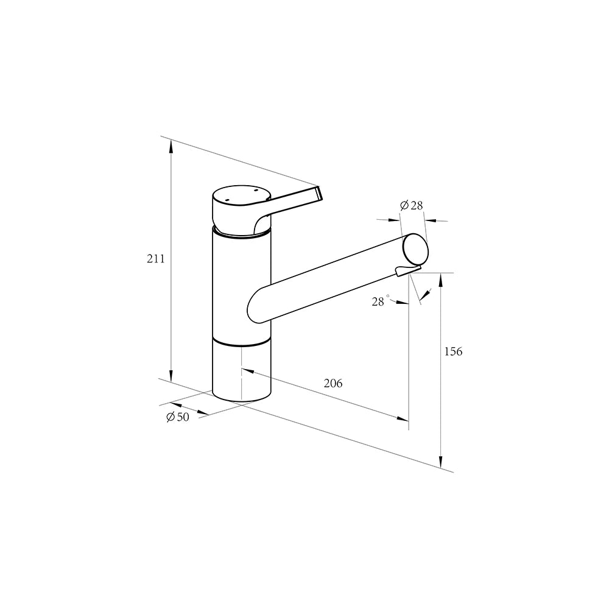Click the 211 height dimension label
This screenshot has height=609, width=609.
[156, 259]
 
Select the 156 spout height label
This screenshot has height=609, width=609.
[453, 351]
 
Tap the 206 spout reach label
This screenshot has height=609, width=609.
[333, 383]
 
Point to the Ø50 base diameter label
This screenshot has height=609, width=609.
[178, 417]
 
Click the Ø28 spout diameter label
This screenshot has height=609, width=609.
[411, 205]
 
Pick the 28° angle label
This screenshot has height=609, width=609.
[380, 301]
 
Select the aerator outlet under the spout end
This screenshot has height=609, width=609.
[408, 270]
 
